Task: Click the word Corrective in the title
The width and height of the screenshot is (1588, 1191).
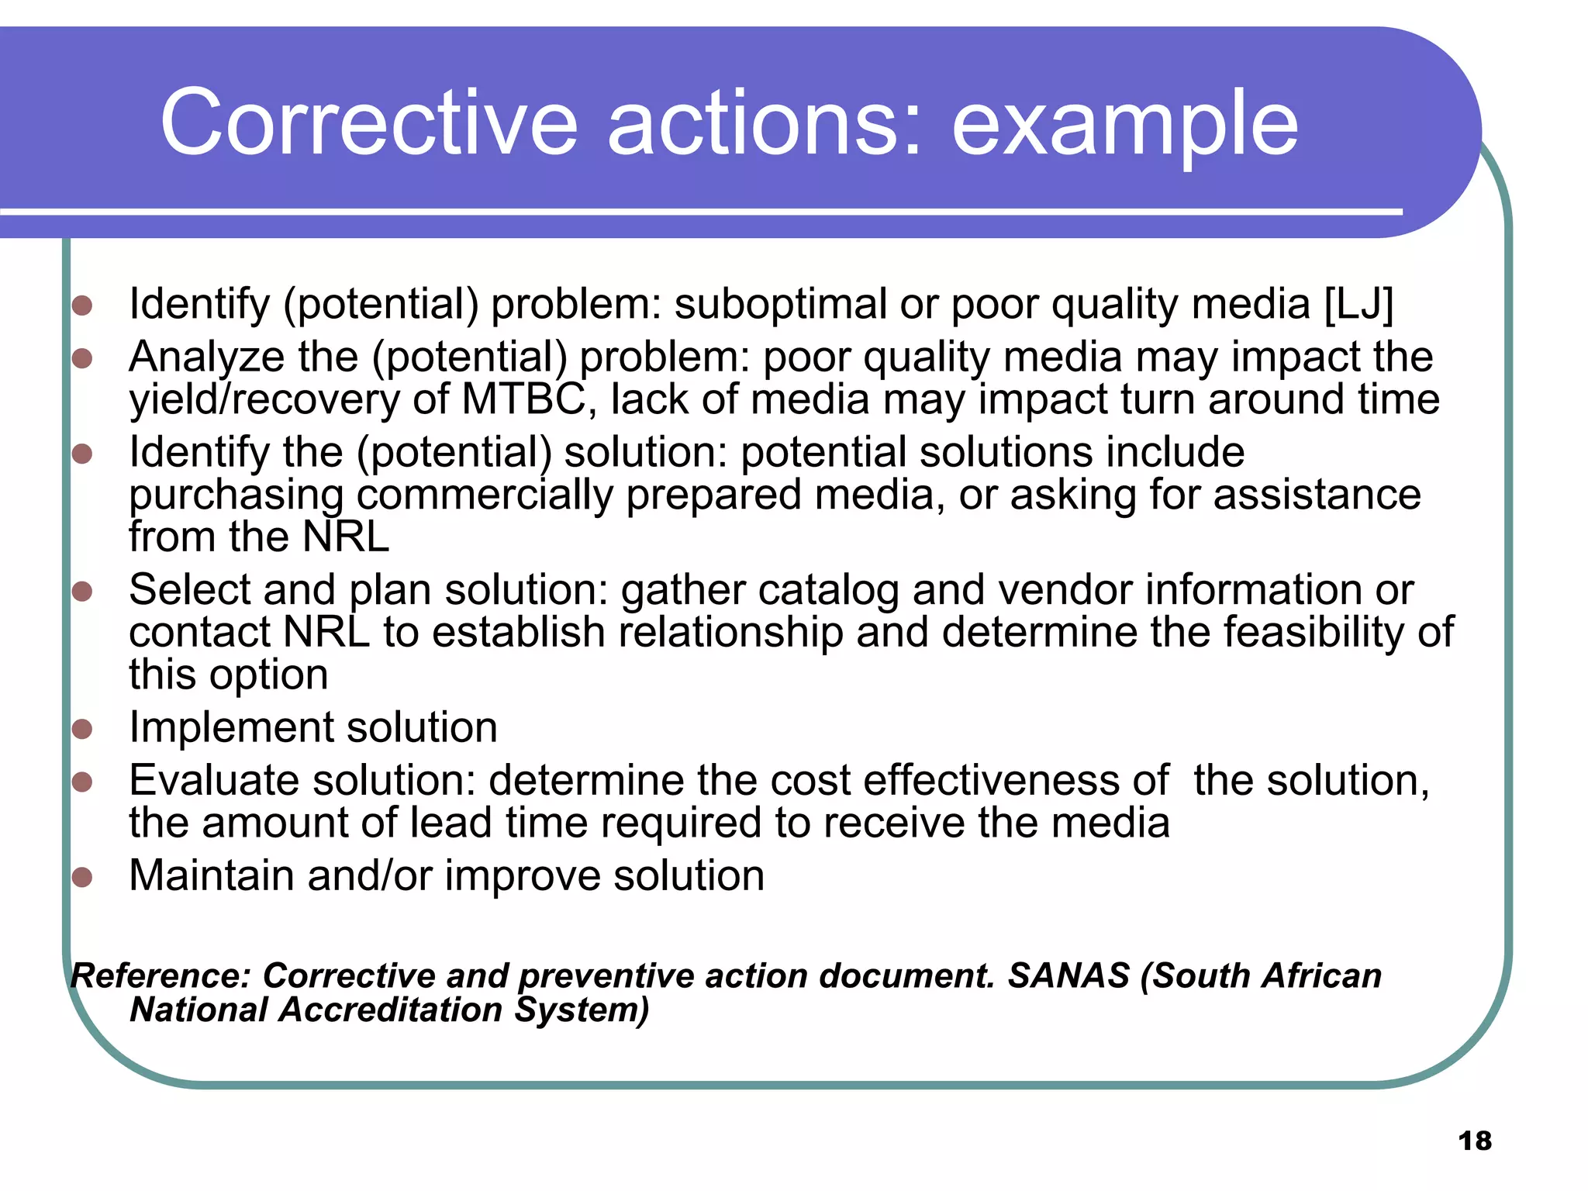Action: click(369, 123)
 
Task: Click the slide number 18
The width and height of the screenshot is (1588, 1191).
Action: click(1474, 1141)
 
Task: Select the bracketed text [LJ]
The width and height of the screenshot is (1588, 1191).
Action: click(1358, 303)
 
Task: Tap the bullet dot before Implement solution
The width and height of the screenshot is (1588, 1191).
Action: click(82, 729)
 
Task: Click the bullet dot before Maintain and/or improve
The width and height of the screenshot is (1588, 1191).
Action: click(82, 877)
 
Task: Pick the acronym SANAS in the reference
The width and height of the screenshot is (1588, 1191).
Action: click(1068, 975)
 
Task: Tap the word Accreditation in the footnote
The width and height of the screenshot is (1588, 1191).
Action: click(391, 1010)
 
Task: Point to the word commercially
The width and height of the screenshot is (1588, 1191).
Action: click(485, 495)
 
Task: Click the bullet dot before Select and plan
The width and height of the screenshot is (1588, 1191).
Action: click(82, 592)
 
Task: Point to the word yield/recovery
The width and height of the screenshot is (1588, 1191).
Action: click(264, 399)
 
